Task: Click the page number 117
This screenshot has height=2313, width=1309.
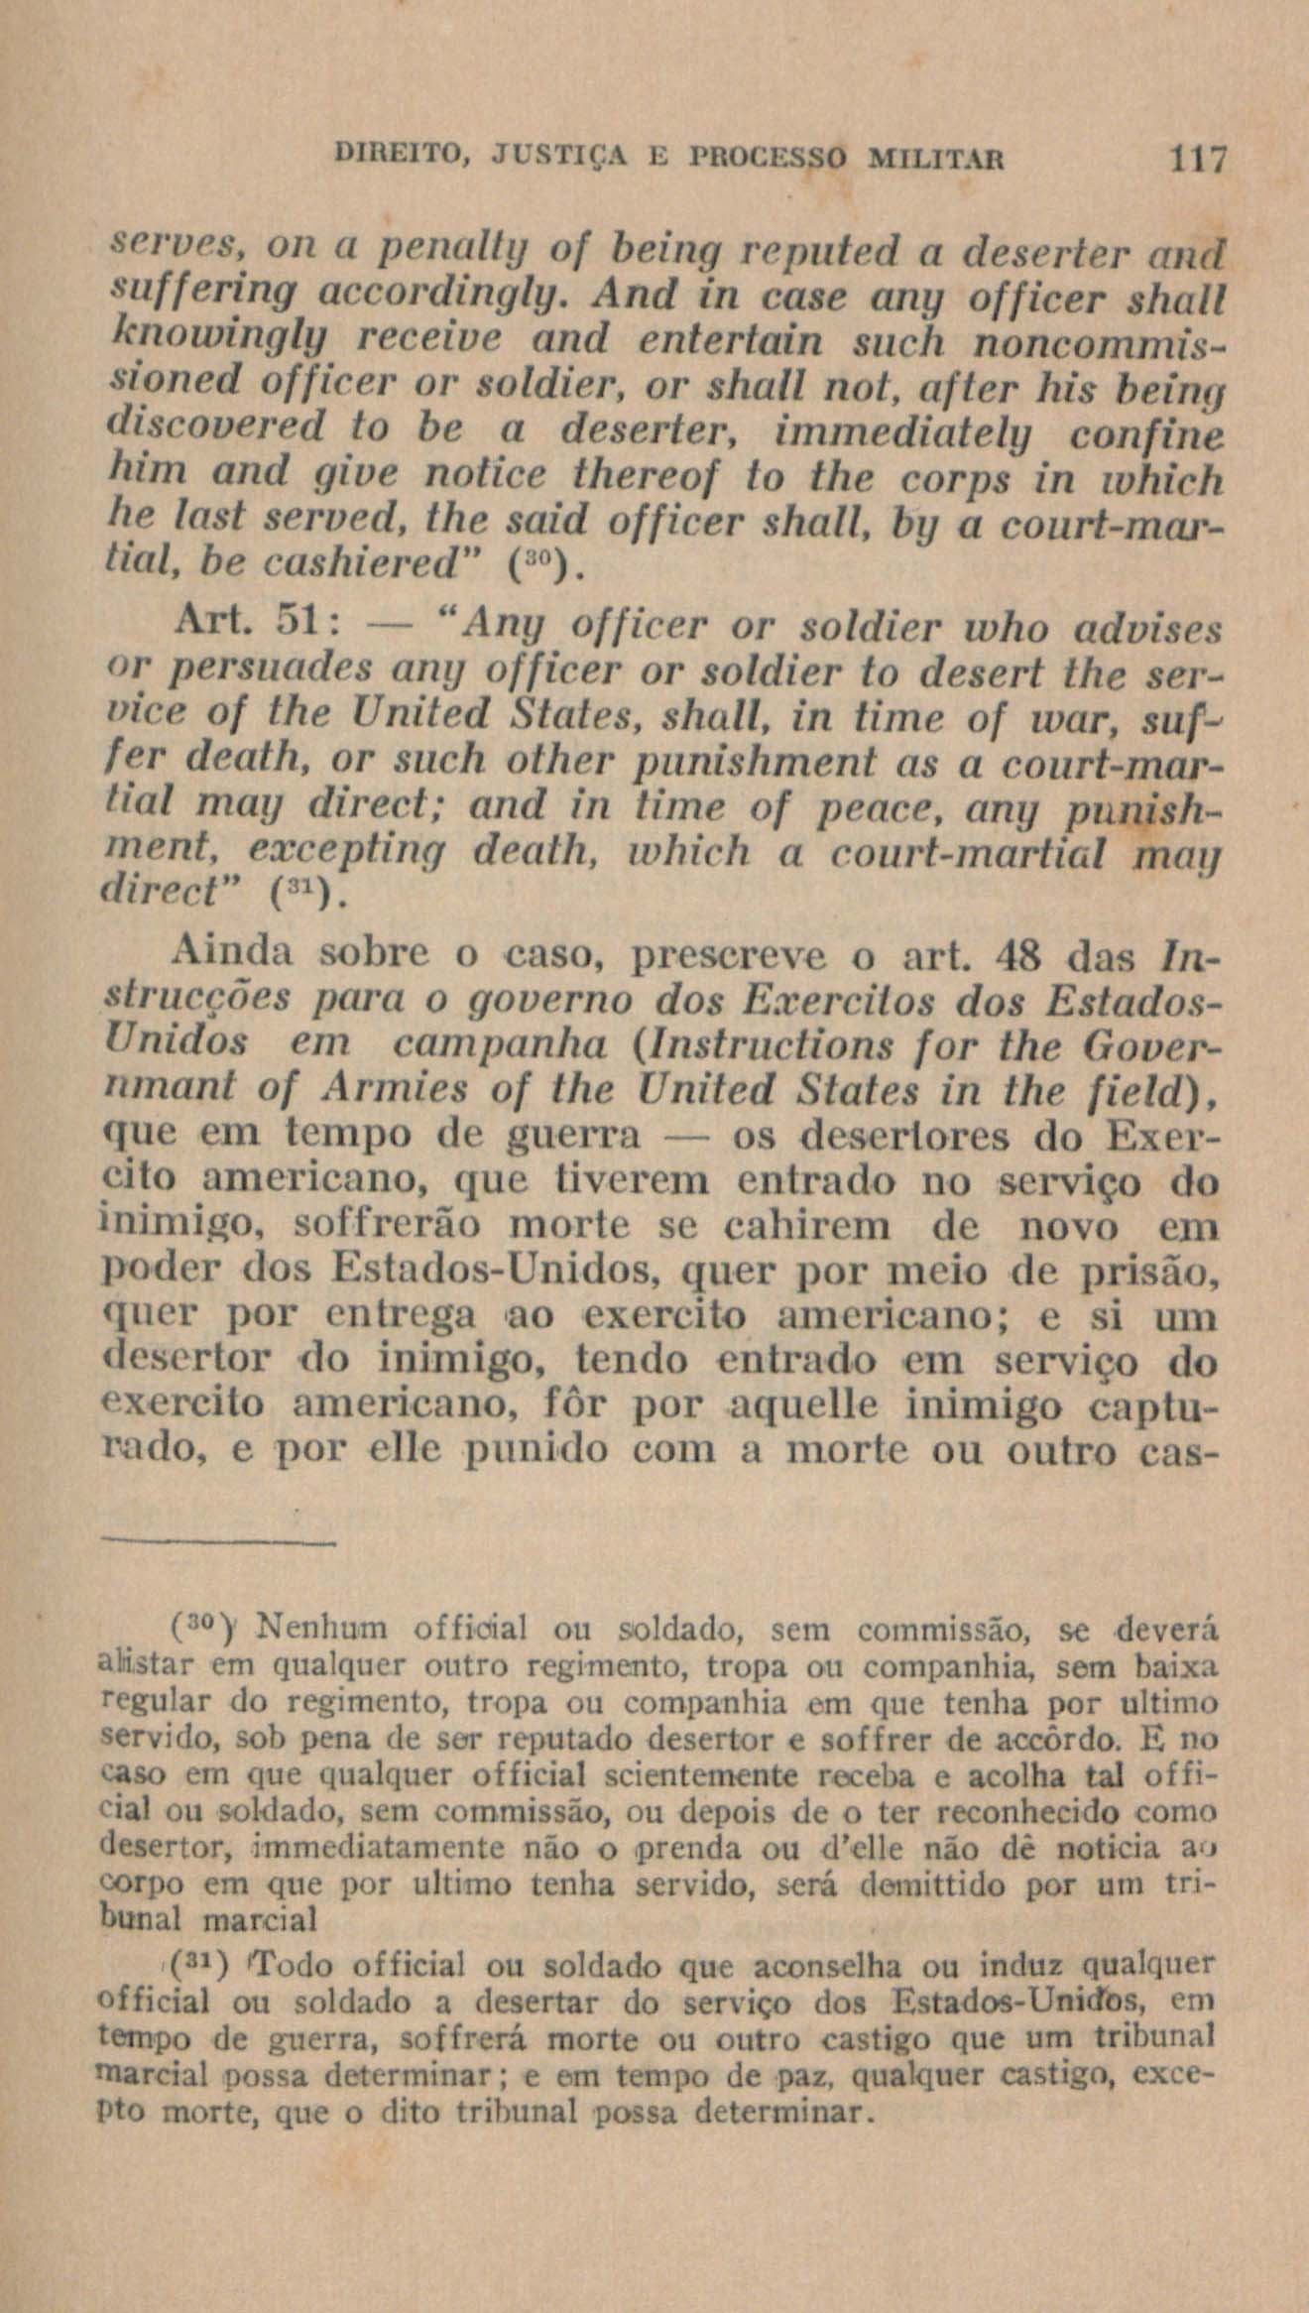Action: coord(1199,160)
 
